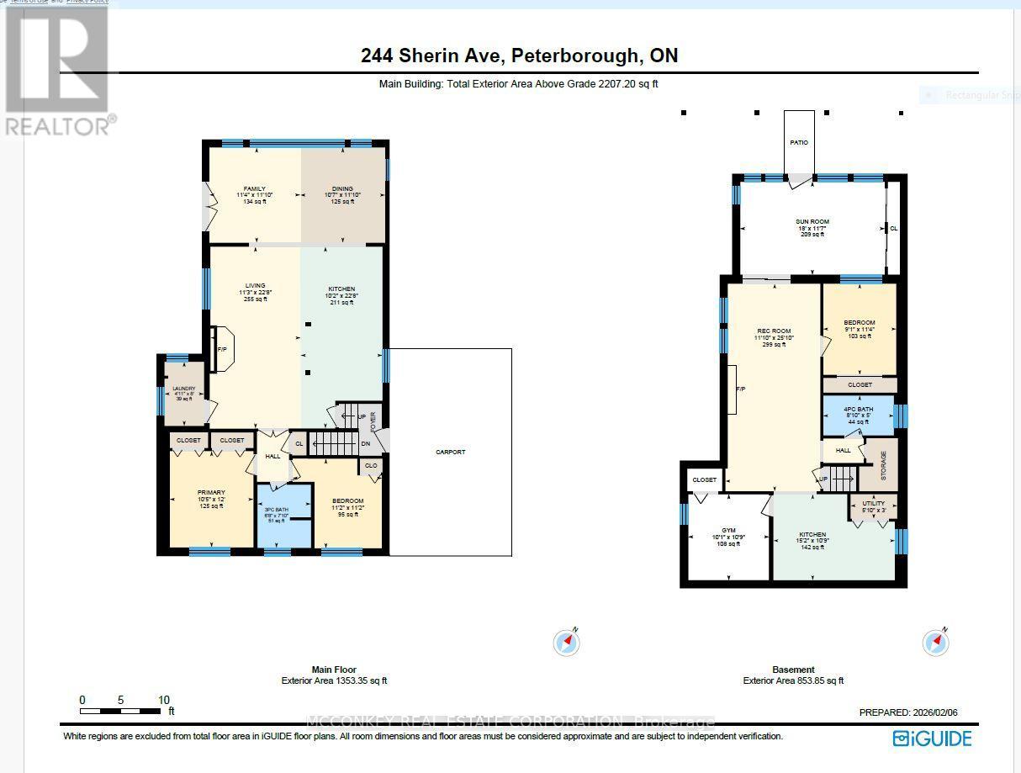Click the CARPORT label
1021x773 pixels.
tap(450, 452)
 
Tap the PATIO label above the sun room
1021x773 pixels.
tap(798, 143)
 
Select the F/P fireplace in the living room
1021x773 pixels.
tap(223, 349)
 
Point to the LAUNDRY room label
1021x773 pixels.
tap(183, 393)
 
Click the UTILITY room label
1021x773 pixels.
tap(872, 507)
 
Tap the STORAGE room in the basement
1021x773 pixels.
tap(883, 465)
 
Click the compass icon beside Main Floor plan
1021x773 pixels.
tap(567, 643)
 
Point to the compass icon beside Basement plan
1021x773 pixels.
tap(935, 643)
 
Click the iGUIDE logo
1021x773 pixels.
tap(932, 739)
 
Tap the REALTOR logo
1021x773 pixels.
tap(56, 71)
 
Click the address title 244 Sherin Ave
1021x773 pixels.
tap(519, 56)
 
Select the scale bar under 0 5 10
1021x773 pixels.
tap(121, 712)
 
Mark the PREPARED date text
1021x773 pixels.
tap(907, 712)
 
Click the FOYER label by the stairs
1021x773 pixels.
tap(373, 421)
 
